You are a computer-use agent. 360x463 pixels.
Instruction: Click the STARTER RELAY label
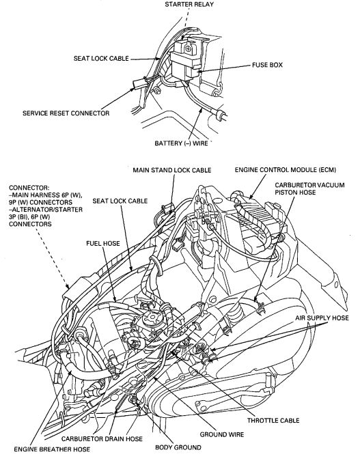coord(189,4)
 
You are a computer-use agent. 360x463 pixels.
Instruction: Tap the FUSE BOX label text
coord(267,65)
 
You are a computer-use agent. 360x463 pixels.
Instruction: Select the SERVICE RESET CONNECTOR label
coord(66,113)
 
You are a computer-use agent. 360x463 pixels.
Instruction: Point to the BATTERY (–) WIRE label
coord(181,143)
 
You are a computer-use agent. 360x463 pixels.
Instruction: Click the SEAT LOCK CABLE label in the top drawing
coord(101,59)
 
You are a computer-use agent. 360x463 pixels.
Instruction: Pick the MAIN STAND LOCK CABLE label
coord(172,170)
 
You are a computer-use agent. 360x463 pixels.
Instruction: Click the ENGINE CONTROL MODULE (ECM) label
coord(286,170)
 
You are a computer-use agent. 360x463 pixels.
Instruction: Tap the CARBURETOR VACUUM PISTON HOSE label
coord(309,188)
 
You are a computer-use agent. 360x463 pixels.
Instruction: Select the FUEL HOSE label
coord(103,243)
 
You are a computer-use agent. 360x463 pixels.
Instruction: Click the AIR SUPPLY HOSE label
coord(322,318)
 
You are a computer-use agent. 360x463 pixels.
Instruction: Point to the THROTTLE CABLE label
coord(273,420)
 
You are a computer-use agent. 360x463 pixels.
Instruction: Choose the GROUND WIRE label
coord(222,434)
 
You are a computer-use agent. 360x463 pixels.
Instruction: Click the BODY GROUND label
coord(178,447)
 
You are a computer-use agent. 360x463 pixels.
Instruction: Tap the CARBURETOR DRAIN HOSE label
coord(102,439)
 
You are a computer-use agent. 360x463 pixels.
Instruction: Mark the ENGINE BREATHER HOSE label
coord(52,449)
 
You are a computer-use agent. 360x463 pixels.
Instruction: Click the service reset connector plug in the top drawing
coord(137,83)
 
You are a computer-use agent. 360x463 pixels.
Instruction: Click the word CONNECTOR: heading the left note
coord(29,188)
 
